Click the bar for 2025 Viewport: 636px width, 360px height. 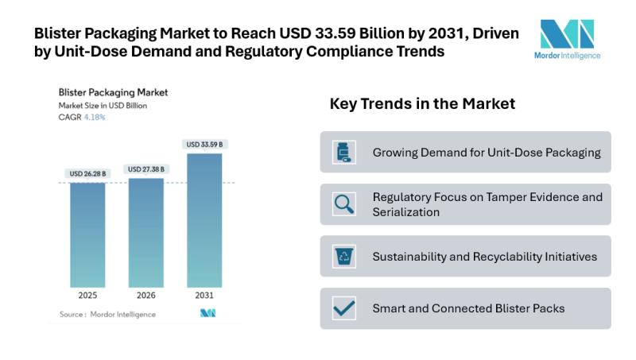pyautogui.click(x=87, y=234)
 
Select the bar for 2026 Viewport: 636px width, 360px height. pyautogui.click(x=145, y=232)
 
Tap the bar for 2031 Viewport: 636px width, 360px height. pyautogui.click(x=204, y=220)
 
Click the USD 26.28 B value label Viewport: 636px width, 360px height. pyautogui.click(x=87, y=173)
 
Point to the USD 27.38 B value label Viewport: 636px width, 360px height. pyautogui.click(x=145, y=169)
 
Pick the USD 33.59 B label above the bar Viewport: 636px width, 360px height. pyautogui.click(x=204, y=145)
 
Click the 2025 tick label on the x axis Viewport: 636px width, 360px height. pyautogui.click(x=87, y=296)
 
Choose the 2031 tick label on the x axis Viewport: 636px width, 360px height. pyautogui.click(x=204, y=296)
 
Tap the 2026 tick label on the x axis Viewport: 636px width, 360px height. pyautogui.click(x=145, y=296)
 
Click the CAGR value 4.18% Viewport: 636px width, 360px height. pyautogui.click(x=95, y=117)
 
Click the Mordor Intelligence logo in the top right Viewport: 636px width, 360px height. pyautogui.click(x=567, y=39)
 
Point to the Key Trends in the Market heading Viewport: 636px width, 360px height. pyautogui.click(x=422, y=104)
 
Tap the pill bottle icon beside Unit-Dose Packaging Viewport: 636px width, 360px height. pyautogui.click(x=344, y=152)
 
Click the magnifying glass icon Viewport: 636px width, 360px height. pyautogui.click(x=344, y=204)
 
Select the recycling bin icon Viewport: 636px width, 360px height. pyautogui.click(x=344, y=257)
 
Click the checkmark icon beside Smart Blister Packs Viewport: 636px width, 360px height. pyautogui.click(x=344, y=308)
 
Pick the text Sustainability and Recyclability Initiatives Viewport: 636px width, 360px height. pyautogui.click(x=485, y=257)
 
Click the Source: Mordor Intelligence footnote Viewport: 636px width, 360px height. pyautogui.click(x=107, y=315)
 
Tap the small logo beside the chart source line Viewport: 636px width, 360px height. pyautogui.click(x=208, y=314)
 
